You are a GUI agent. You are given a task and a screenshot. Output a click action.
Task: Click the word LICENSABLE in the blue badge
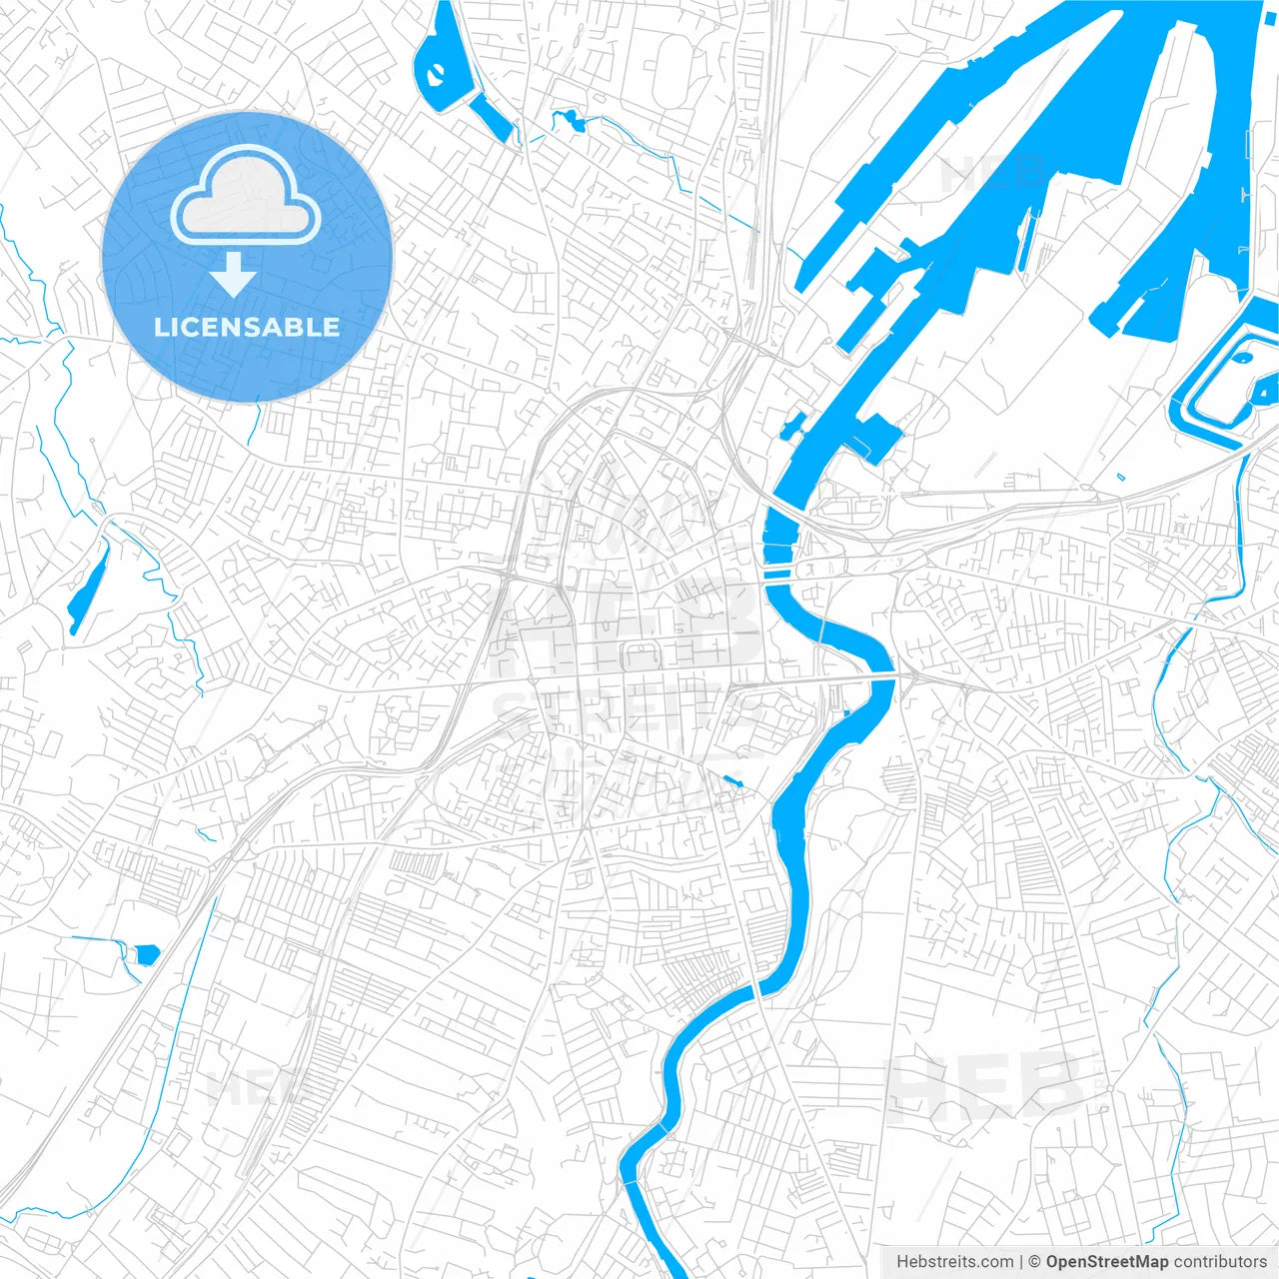click(x=247, y=327)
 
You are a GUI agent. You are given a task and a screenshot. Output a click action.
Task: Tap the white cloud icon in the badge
click(x=246, y=197)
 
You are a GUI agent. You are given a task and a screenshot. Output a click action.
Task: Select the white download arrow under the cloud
click(x=234, y=275)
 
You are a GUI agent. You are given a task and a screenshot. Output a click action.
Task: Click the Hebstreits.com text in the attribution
click(x=955, y=1262)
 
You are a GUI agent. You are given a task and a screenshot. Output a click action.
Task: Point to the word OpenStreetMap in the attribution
click(x=1107, y=1262)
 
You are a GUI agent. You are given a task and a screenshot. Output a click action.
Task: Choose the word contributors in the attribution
click(x=1220, y=1262)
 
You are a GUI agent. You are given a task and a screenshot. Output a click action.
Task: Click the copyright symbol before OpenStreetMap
click(x=1035, y=1262)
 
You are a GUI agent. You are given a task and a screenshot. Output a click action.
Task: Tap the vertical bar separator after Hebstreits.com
click(x=1021, y=1262)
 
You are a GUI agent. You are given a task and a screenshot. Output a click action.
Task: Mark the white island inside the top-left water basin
click(x=437, y=73)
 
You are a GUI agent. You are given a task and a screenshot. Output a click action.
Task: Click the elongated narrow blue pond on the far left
click(x=87, y=589)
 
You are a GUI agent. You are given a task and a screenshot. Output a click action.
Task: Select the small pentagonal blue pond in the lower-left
click(x=147, y=953)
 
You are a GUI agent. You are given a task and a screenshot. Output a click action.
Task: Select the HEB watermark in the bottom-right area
click(x=984, y=1087)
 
